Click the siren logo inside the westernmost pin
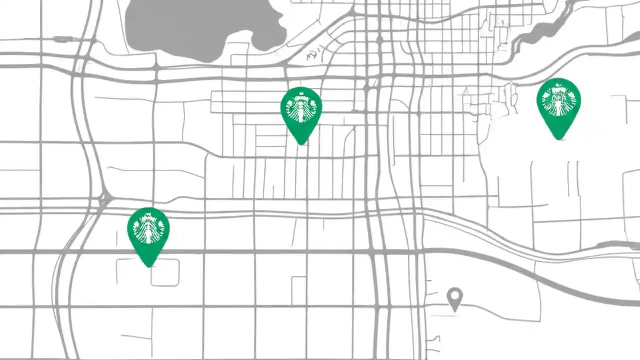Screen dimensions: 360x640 tap(148, 229)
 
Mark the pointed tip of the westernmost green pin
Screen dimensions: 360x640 tap(149, 266)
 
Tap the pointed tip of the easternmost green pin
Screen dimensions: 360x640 tap(559, 139)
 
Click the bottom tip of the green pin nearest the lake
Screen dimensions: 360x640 tap(301, 144)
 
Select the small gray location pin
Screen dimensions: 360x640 tap(454, 298)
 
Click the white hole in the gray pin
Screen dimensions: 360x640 tap(454, 295)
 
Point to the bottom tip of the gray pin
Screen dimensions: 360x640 tap(454, 311)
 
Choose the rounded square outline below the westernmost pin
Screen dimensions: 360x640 tap(165, 273)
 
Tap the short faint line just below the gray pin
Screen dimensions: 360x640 tap(445, 316)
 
